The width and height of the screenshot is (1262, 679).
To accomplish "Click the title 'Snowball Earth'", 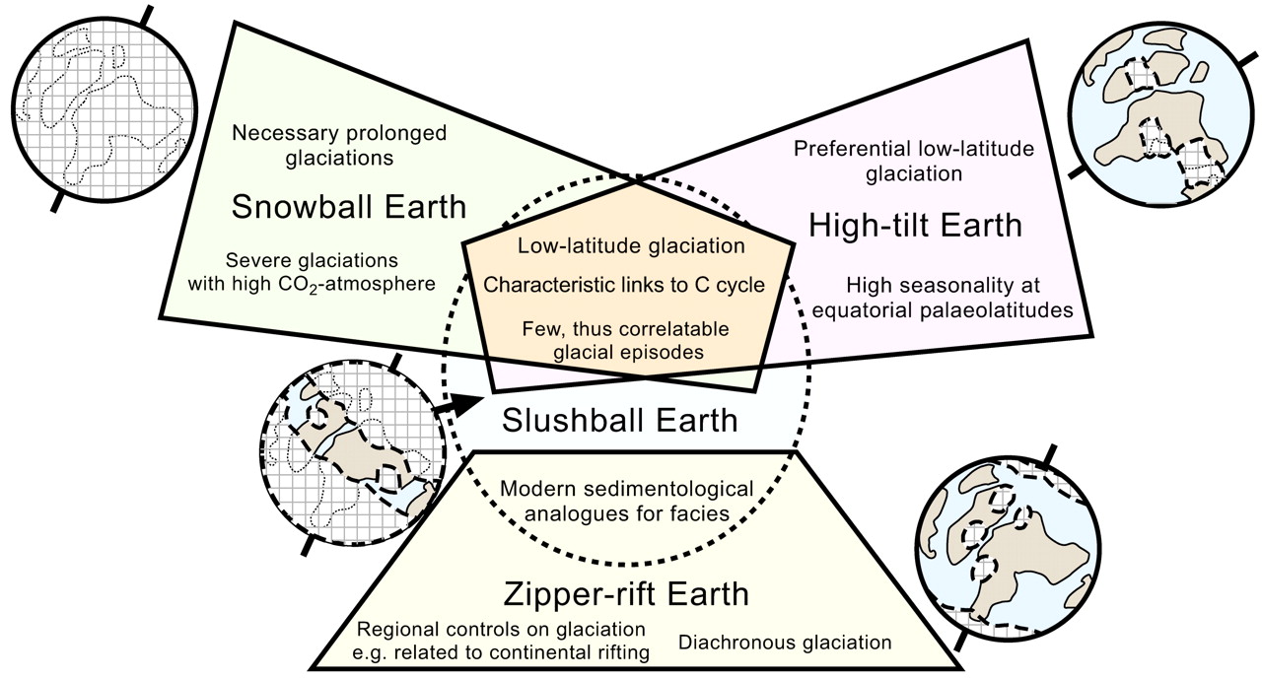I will point(348,208).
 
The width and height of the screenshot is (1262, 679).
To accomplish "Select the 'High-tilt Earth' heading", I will point(915,226).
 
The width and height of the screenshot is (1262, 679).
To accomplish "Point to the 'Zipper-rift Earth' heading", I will point(626,595).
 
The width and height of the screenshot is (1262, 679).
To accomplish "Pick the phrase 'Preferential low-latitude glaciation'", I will point(913,161).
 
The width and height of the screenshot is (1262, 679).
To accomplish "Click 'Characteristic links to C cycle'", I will point(624,285).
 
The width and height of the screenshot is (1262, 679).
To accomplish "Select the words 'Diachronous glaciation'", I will point(785,643).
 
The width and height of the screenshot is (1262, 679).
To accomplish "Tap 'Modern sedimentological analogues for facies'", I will point(626,501).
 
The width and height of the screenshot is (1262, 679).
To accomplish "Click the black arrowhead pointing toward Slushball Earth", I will point(469,401).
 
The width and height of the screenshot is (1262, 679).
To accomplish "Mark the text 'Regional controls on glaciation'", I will point(502,630).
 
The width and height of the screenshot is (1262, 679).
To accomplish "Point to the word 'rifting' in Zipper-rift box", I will point(622,652).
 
